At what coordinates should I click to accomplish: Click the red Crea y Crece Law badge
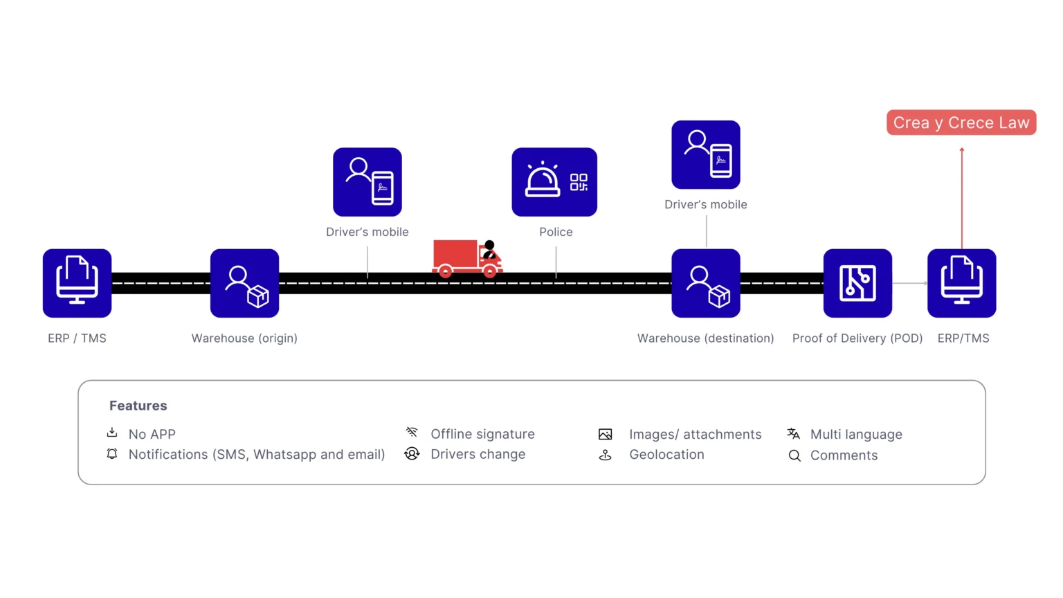(x=961, y=123)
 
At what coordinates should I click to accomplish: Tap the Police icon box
(x=554, y=182)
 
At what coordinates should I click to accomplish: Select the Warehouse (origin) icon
(x=244, y=283)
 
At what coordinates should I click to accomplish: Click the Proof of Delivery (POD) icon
(x=857, y=283)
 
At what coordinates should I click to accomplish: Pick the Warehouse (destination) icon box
(x=706, y=283)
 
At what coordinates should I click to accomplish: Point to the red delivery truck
(x=467, y=258)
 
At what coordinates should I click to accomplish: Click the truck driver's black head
(x=489, y=246)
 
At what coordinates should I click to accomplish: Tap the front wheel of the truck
(x=490, y=271)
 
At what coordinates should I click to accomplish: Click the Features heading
(x=138, y=406)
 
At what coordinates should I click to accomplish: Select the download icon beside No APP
(x=112, y=433)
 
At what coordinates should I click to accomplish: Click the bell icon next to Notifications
(x=112, y=454)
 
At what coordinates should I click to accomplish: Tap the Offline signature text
(x=482, y=434)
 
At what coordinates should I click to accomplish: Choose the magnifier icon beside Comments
(x=794, y=455)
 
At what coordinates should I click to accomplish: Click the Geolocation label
(x=666, y=455)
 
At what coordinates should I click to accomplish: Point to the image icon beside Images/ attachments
(x=605, y=434)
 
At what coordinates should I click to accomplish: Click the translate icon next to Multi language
(x=794, y=433)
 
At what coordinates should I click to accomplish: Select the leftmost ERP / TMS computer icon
(x=77, y=283)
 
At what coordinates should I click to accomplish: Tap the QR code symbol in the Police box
(x=579, y=182)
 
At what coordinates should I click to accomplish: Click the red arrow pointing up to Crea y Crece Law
(x=962, y=199)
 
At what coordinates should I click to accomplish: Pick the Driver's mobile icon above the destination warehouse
(x=706, y=155)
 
